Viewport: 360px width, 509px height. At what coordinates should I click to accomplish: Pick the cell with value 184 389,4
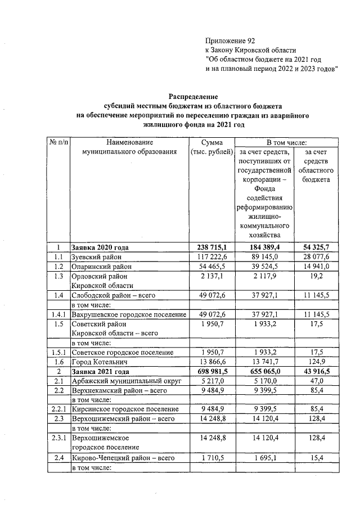tap(264, 247)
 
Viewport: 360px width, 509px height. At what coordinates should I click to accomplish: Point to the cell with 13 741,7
tap(264, 362)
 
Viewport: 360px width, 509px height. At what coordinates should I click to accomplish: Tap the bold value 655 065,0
tap(264, 372)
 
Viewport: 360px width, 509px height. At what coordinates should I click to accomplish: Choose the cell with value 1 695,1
tap(264, 458)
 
